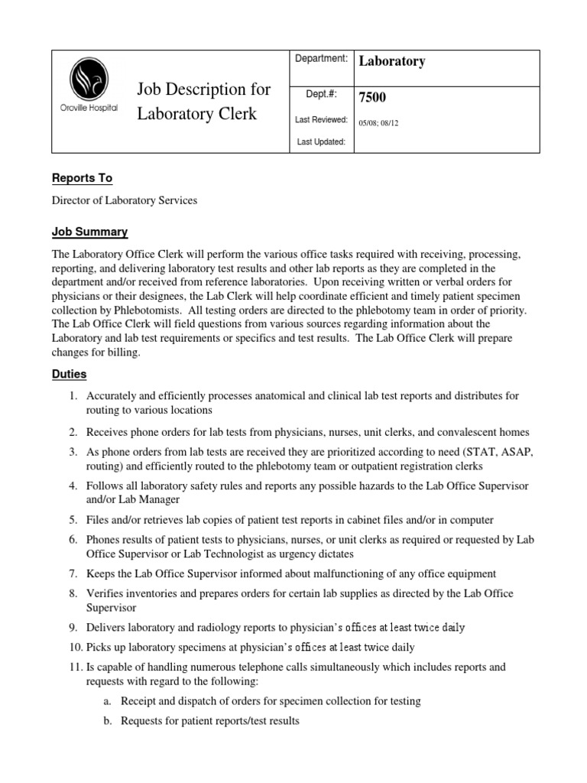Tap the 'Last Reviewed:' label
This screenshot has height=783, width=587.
pos(321,120)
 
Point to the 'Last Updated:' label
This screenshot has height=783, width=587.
pos(321,141)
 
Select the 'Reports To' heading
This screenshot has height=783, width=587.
pos(82,178)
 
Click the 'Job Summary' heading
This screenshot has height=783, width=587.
pos(89,232)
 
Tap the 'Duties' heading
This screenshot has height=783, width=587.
pos(69,375)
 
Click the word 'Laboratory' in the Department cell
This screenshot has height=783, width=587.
pos(392,61)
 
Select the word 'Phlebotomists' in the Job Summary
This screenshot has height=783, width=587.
pos(159,311)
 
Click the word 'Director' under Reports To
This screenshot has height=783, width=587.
pos(74,200)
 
